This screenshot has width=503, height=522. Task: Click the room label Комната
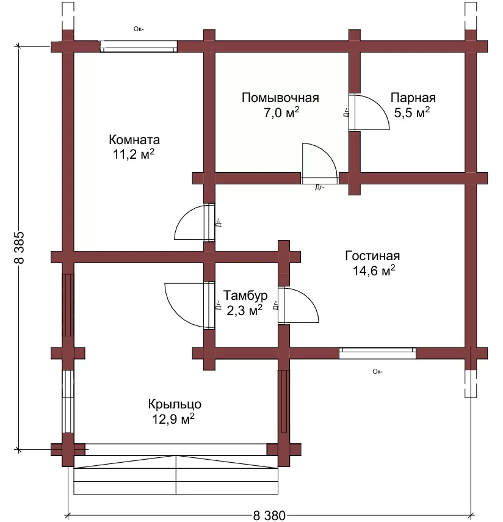tap(134, 139)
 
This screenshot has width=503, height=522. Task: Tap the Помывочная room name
tap(280, 98)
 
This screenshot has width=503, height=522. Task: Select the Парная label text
tap(413, 98)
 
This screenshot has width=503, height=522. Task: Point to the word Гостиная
tap(372, 256)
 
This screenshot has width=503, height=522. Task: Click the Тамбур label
tap(245, 295)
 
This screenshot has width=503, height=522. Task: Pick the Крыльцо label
tap(175, 404)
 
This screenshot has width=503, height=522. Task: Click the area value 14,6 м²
tap(374, 270)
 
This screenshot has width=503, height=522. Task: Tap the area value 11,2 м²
tap(134, 154)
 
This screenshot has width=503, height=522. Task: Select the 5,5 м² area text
tap(412, 112)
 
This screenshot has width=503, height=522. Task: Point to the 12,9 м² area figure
tap(173, 419)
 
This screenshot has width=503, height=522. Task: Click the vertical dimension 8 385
tap(20, 247)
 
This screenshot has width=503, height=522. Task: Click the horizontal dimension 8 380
tap(269, 516)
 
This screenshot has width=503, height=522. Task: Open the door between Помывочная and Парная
tap(369, 112)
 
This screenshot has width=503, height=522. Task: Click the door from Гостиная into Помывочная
tap(320, 164)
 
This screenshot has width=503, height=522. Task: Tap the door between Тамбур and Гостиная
tap(299, 305)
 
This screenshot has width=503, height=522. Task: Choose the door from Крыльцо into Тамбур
tap(190, 305)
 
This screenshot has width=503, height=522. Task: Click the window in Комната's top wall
tap(139, 46)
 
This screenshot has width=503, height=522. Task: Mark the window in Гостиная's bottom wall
tap(377, 353)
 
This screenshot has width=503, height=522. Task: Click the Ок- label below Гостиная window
tap(377, 372)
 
